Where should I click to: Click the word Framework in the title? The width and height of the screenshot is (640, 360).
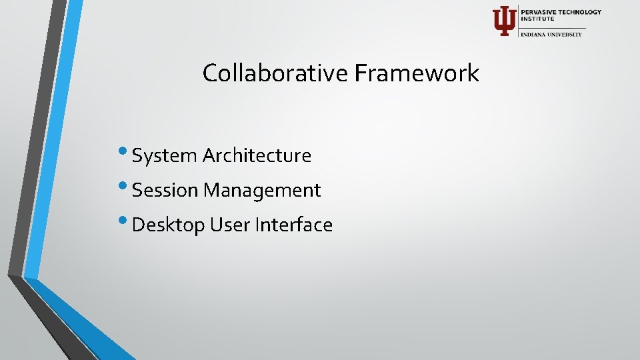pos(417,73)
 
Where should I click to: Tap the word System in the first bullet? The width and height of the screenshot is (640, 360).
pos(165,156)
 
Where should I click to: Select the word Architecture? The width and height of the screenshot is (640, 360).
pos(257,156)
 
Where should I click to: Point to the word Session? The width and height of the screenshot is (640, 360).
pos(165,191)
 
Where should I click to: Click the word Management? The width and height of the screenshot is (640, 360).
pos(262,191)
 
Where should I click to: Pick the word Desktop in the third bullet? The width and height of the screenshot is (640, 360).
pos(169,225)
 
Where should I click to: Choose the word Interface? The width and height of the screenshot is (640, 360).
pos(294,225)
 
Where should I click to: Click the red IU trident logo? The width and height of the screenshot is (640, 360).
pos(504,21)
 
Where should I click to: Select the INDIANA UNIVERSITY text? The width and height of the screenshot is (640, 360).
pos(551,34)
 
